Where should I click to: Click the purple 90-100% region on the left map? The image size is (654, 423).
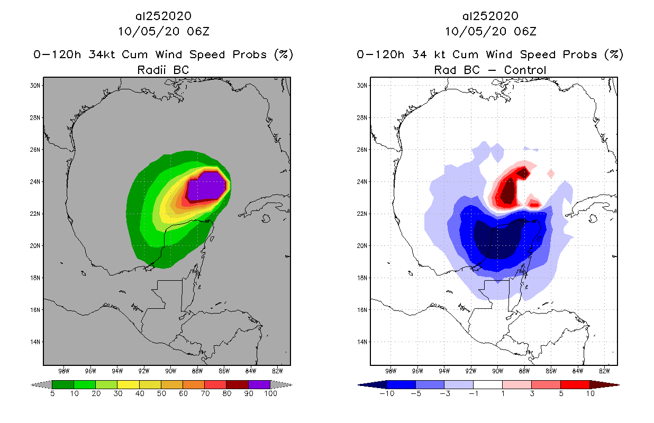coord(209,186)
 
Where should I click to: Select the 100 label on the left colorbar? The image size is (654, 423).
coord(270,393)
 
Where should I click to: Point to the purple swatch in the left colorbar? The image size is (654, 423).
coord(259,384)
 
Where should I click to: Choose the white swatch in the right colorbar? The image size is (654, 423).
coord(488,384)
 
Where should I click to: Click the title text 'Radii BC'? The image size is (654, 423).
coord(162,69)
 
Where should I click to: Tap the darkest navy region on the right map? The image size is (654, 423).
coord(495,241)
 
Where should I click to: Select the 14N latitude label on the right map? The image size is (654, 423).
coord(364,342)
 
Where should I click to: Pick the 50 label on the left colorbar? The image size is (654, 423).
coord(161,393)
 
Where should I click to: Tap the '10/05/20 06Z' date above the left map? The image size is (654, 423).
coord(163,31)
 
